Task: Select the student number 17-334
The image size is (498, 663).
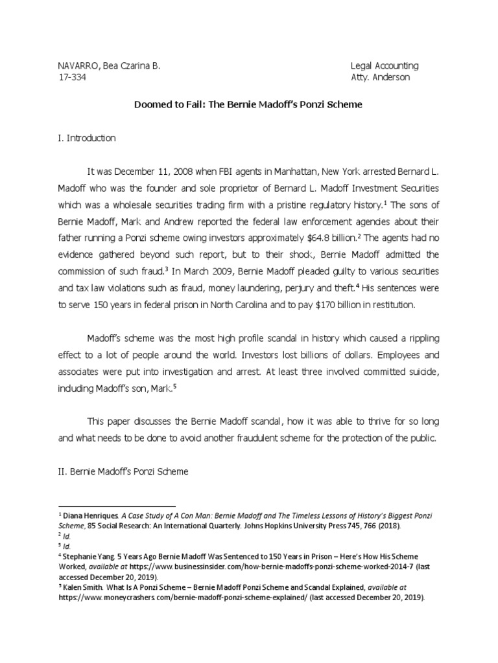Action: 72,78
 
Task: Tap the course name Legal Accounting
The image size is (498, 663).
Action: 385,66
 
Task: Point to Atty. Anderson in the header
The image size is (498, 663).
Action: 380,78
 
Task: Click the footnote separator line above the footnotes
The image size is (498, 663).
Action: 117,506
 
